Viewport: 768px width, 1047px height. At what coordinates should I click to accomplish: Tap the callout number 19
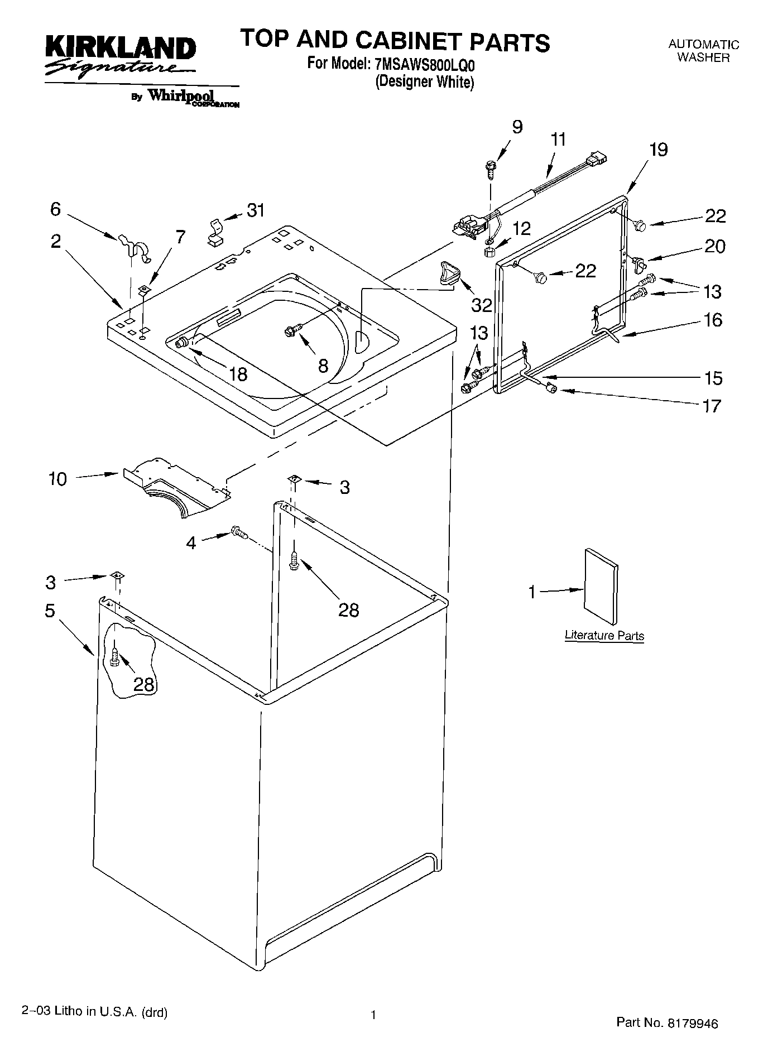click(x=658, y=150)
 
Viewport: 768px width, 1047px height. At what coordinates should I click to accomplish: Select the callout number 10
click(x=57, y=479)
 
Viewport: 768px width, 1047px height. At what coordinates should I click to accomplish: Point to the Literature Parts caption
click(x=604, y=635)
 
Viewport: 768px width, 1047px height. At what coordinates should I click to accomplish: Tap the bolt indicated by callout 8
click(x=291, y=330)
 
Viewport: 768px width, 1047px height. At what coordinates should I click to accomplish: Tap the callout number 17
click(x=712, y=405)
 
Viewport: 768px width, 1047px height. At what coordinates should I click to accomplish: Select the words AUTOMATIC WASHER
click(x=703, y=51)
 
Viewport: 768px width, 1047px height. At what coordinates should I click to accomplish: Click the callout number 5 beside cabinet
click(x=50, y=611)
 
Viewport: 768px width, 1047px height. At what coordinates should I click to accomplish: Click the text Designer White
click(x=424, y=83)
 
